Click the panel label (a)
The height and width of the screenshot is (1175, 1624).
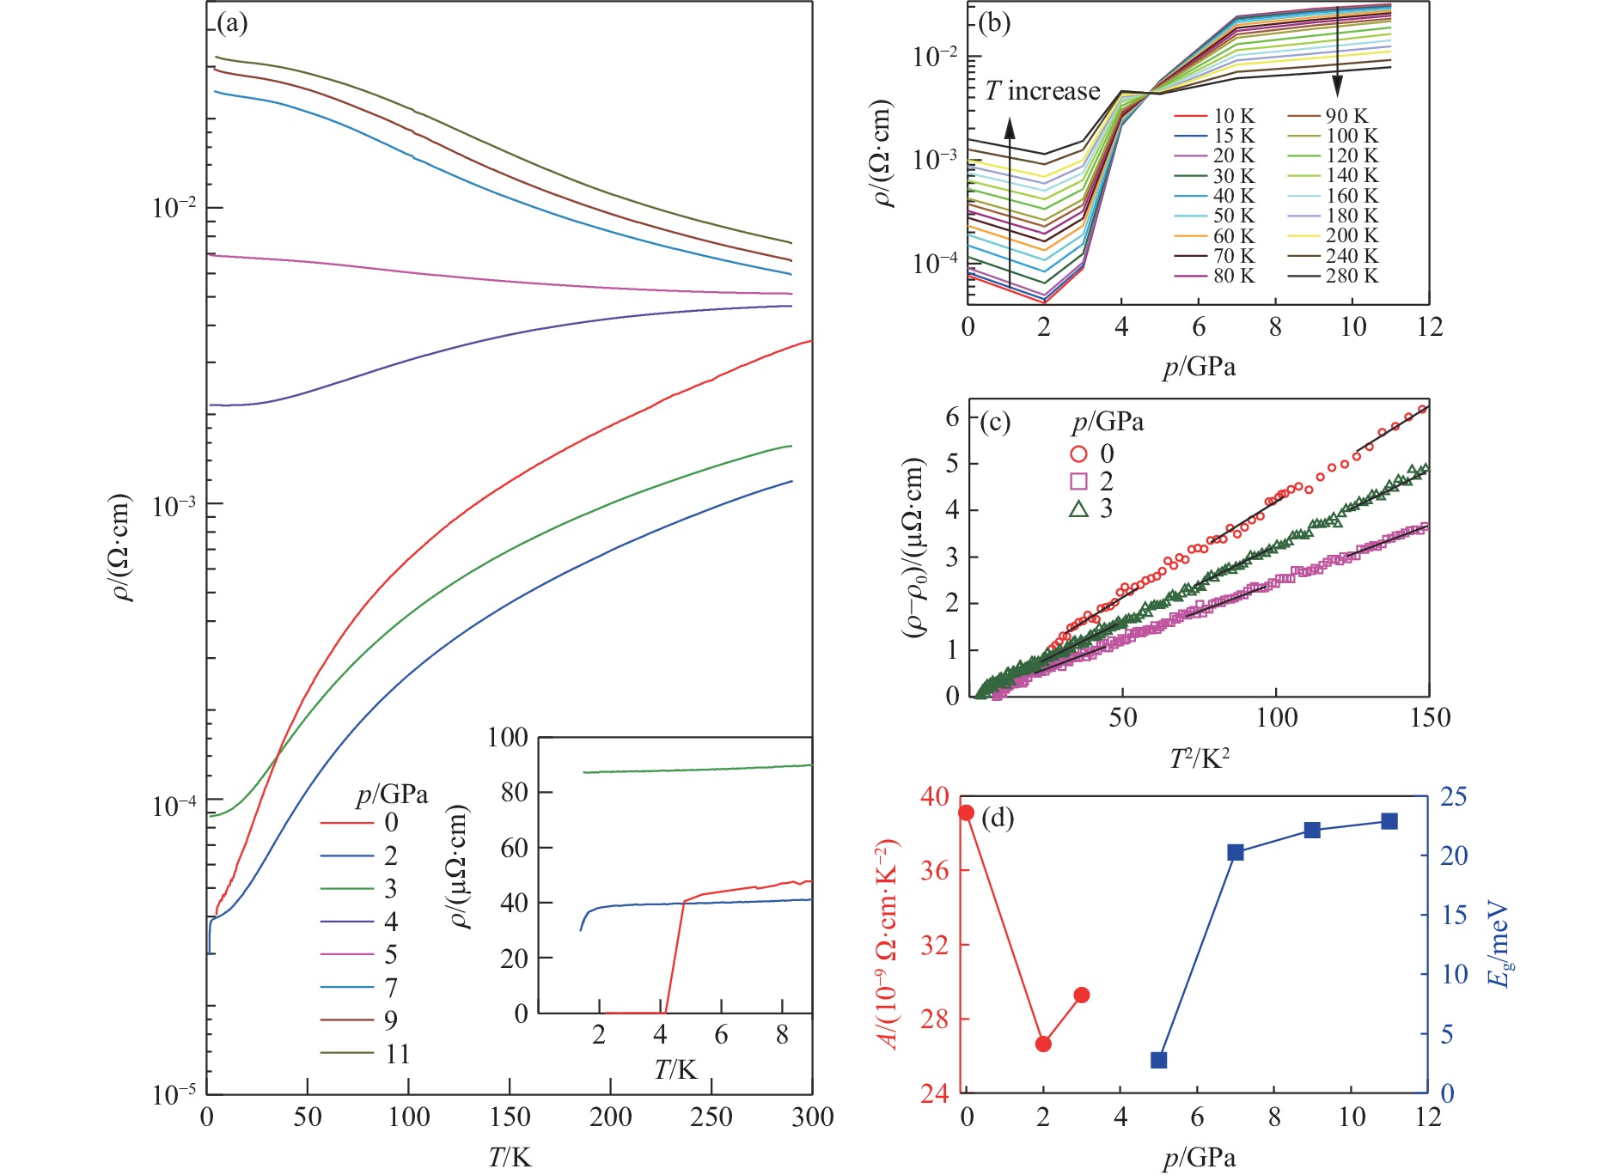coord(232,23)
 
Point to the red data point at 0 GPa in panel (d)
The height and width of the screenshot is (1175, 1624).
coord(967,813)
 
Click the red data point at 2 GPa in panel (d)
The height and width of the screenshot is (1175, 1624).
coord(1043,1044)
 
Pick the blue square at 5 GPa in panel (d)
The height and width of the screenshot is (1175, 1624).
coord(1158,1060)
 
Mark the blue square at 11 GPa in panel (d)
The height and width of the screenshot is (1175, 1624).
coord(1389,821)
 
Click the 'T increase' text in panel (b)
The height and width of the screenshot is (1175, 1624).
coord(1041,91)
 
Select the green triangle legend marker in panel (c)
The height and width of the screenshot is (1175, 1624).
coord(1079,508)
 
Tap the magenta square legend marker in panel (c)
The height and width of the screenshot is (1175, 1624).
coord(1079,481)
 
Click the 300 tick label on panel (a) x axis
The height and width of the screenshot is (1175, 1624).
coord(812,1117)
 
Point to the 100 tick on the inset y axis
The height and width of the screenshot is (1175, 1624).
coord(507,737)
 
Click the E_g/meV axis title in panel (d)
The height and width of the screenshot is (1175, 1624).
coord(1499,945)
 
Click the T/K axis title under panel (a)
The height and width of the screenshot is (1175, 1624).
coord(510,1157)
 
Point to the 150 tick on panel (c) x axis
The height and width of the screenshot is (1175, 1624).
coord(1430,718)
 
